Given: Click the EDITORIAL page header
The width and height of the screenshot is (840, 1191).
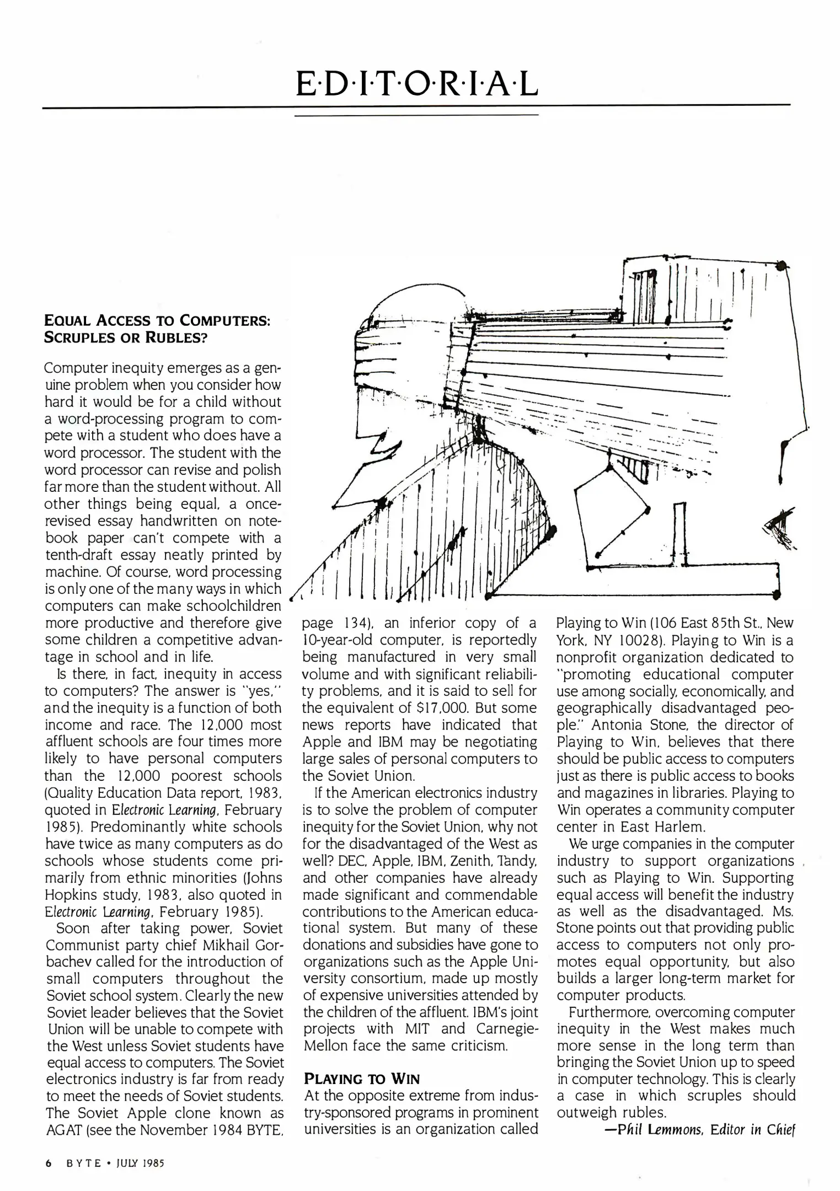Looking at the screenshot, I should point(416,84).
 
